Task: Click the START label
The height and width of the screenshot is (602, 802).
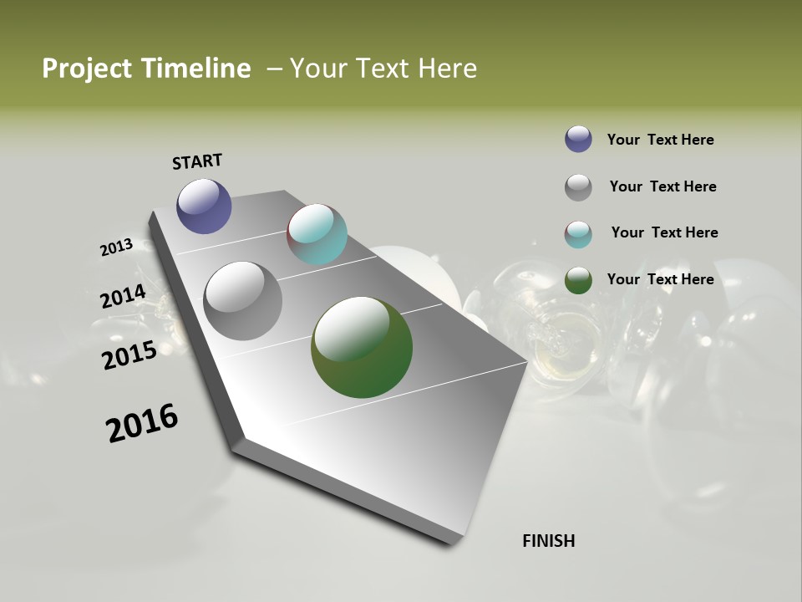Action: pyautogui.click(x=197, y=161)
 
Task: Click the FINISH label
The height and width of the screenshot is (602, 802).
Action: pyautogui.click(x=548, y=541)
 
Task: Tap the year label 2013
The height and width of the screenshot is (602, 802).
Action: pyautogui.click(x=116, y=247)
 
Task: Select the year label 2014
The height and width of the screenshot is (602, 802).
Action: pyautogui.click(x=123, y=297)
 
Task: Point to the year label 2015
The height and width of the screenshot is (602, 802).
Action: pyautogui.click(x=129, y=355)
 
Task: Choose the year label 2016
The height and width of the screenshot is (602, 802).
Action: pyautogui.click(x=142, y=423)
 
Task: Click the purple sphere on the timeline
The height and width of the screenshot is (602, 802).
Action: pyautogui.click(x=204, y=206)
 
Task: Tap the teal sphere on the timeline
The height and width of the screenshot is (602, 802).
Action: pyautogui.click(x=317, y=234)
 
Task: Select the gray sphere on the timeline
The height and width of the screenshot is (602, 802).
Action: pyautogui.click(x=242, y=301)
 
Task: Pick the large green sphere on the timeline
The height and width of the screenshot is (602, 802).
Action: pyautogui.click(x=362, y=347)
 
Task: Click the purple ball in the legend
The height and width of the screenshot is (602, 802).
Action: pyautogui.click(x=578, y=139)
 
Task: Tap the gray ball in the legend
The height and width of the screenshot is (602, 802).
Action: pyautogui.click(x=578, y=187)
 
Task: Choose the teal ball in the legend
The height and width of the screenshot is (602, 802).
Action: pyautogui.click(x=578, y=234)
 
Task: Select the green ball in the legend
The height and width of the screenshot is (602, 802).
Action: pyautogui.click(x=578, y=280)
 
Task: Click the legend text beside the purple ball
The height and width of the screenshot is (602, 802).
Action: pyautogui.click(x=660, y=140)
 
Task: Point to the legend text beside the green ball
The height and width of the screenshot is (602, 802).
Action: pyautogui.click(x=660, y=279)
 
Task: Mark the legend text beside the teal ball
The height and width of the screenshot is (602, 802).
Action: pyautogui.click(x=664, y=232)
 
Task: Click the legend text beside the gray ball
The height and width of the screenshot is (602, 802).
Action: pyautogui.click(x=662, y=186)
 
